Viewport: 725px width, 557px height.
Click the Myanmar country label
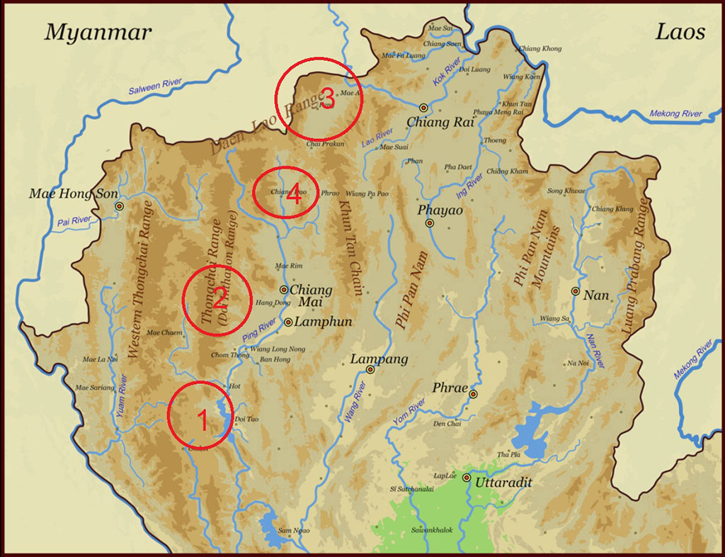(98, 32)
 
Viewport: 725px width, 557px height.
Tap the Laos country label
(680, 31)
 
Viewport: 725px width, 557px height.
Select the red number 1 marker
(202, 421)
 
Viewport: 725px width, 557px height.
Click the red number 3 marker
(326, 99)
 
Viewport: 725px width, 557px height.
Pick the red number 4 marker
(294, 196)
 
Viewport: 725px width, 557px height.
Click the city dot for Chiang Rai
(423, 107)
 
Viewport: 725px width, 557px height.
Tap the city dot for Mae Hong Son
(119, 206)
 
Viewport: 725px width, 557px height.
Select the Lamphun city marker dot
(289, 322)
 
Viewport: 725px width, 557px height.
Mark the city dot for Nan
(575, 291)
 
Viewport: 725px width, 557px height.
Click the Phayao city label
(438, 210)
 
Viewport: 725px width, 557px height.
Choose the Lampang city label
(379, 359)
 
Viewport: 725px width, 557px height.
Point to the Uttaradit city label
(503, 483)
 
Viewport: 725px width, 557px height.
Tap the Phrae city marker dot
(473, 394)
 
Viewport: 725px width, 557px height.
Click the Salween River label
(155, 88)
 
